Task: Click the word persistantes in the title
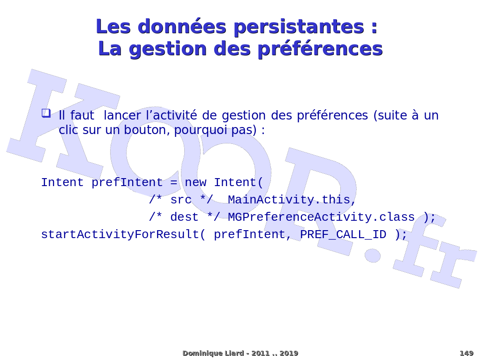coord(299,27)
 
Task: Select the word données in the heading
coord(182,26)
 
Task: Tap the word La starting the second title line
coord(110,49)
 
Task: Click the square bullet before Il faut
coord(46,113)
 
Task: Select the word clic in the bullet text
coord(68,130)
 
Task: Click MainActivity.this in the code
coord(292,200)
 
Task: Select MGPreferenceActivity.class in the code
coord(322,217)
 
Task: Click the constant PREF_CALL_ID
coord(343,235)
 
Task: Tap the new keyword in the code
coord(195,182)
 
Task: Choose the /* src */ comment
coord(180,200)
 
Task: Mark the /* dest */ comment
coord(184,217)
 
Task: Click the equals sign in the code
coord(173,183)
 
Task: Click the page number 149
coord(466,353)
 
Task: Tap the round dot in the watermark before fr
coord(373,255)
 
